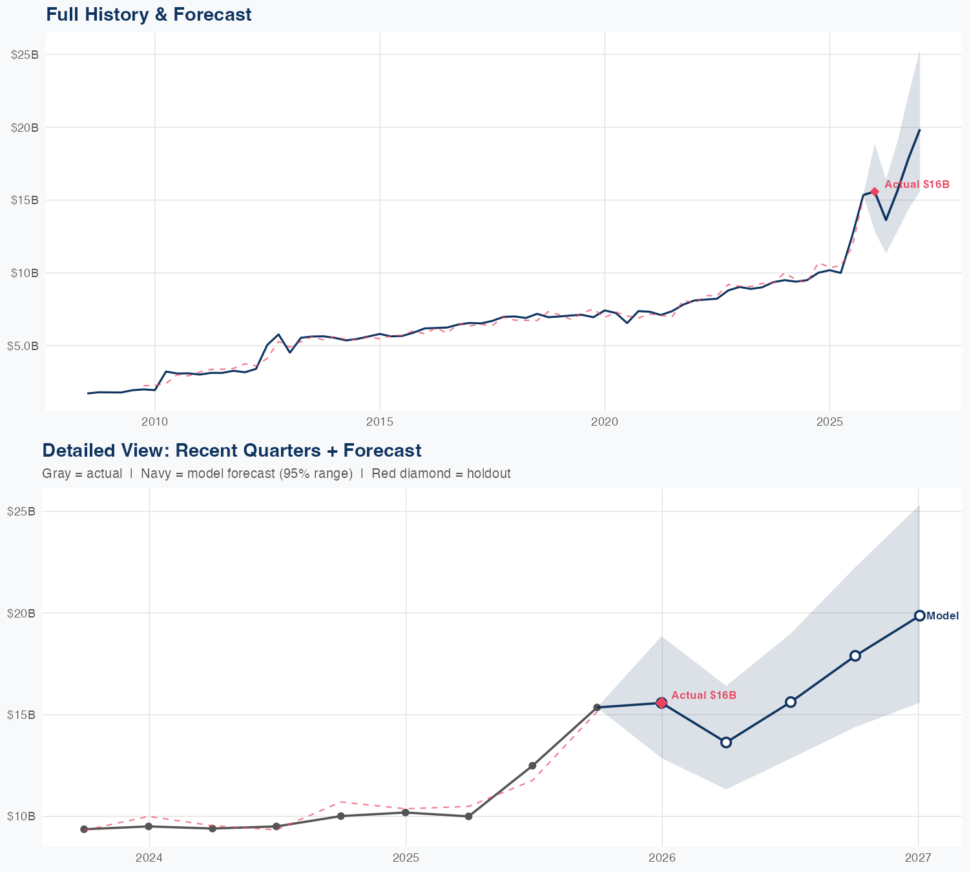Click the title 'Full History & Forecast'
pos(149,14)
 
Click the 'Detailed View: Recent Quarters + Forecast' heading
pos(231,450)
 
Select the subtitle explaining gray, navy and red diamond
pos(276,473)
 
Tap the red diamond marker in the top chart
pos(875,192)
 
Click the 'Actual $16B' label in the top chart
pos(917,185)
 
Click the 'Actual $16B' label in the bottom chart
pos(703,695)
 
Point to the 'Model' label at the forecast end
pos(942,616)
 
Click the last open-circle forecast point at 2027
pos(919,616)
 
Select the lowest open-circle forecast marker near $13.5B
pos(726,742)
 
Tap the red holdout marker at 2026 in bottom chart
pos(662,703)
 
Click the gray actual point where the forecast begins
pos(597,707)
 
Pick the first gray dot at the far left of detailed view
pos(84,829)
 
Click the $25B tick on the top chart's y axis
pos(25,55)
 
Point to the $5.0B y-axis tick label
pos(23,346)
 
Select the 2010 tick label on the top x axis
pos(154,422)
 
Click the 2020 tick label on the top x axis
pos(604,422)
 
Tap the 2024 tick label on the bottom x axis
pos(149,858)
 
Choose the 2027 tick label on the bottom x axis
pos(918,858)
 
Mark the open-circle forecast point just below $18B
pos(855,656)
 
